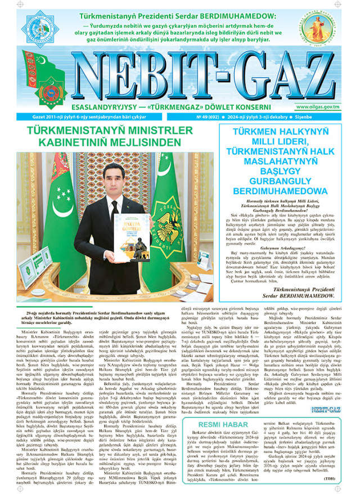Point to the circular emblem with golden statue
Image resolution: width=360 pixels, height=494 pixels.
(x=327, y=29)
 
